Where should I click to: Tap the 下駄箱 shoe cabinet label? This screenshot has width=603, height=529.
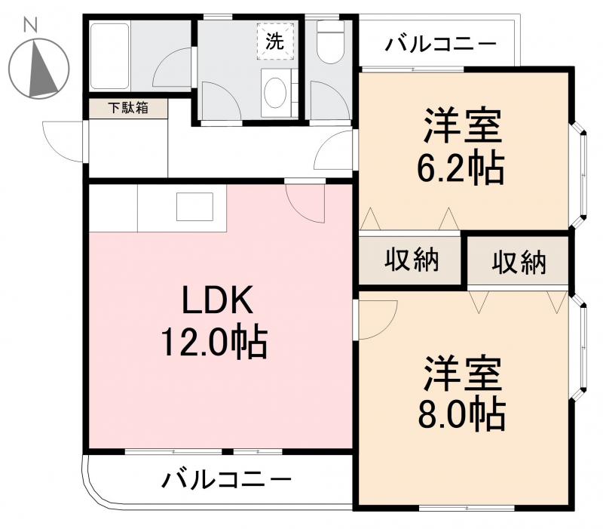(x=126, y=108)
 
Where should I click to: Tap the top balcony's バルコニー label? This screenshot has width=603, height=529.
(x=441, y=44)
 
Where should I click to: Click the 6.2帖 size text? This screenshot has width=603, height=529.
(x=461, y=169)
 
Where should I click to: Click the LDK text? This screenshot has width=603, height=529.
(x=215, y=303)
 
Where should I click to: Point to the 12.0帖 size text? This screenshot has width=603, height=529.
(x=213, y=343)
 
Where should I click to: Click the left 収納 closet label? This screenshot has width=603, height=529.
(x=412, y=260)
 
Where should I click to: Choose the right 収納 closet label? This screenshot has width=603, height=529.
(x=519, y=263)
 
